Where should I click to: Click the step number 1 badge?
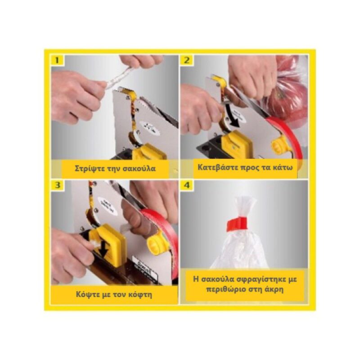pyautogui.click(x=57, y=60)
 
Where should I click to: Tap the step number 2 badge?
pyautogui.click(x=187, y=60)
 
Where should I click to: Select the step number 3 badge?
pyautogui.click(x=57, y=185)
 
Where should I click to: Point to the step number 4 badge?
pyautogui.click(x=187, y=185)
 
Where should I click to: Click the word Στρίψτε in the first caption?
pyautogui.click(x=89, y=169)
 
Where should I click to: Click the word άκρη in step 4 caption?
pyautogui.click(x=273, y=289)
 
